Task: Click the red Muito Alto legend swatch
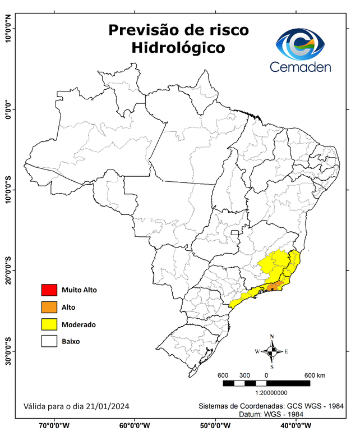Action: [x=49, y=290]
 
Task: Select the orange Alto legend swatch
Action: [x=49, y=307]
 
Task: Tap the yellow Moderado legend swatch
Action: [x=49, y=324]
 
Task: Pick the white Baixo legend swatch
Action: [x=49, y=341]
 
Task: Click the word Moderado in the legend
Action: [x=79, y=324]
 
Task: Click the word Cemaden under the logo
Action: [x=301, y=67]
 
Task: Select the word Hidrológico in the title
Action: [x=178, y=48]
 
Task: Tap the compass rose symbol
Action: [x=272, y=352]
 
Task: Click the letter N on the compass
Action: [x=272, y=337]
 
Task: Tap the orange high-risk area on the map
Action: [x=274, y=287]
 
